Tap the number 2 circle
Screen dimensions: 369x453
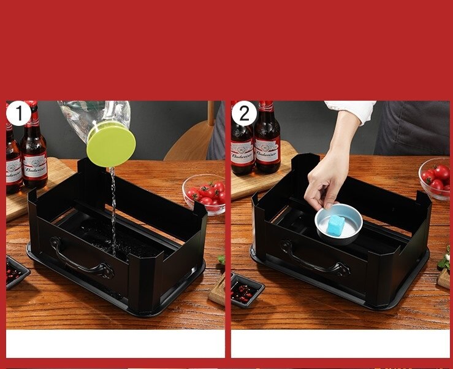coord(244,114)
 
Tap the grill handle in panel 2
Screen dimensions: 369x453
coord(310,257)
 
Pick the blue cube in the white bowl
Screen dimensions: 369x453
coord(336,225)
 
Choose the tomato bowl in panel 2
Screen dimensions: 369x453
coord(435,178)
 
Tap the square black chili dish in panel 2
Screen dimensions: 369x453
coord(247,289)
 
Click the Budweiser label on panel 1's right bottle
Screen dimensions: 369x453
coord(35,166)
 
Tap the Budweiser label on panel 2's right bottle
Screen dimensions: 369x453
coord(268,150)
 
